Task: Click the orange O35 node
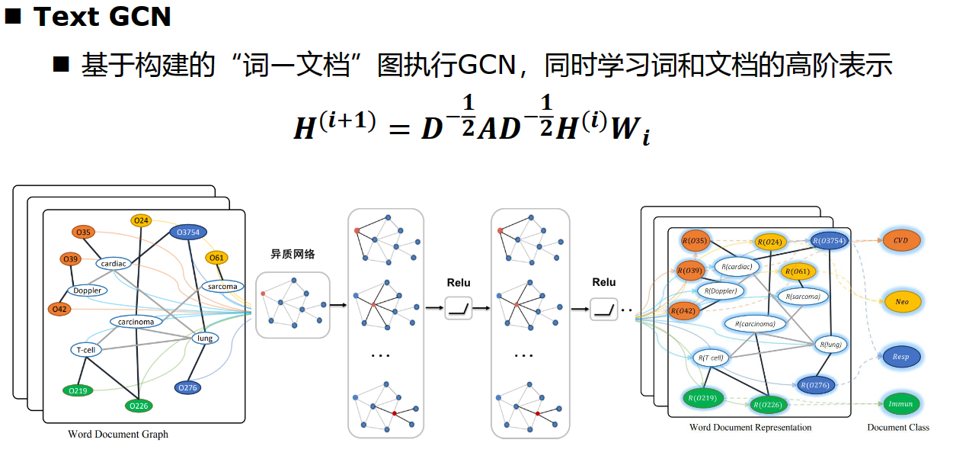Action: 83,232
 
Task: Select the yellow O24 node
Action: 141,220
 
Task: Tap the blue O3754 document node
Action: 188,232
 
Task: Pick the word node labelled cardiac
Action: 114,264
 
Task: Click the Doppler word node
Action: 87,290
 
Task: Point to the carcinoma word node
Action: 136,322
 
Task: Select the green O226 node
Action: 139,406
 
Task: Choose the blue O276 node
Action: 187,388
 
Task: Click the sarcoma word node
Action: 222,287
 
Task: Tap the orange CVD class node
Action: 901,240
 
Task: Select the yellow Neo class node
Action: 902,302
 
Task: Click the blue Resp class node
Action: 901,357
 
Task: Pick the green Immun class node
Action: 900,403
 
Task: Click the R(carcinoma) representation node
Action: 755,324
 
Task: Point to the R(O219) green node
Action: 702,399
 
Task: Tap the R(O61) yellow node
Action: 798,271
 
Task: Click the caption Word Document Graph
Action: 118,434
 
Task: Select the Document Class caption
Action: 898,427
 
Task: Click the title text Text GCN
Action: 102,17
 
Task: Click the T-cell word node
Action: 86,350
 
